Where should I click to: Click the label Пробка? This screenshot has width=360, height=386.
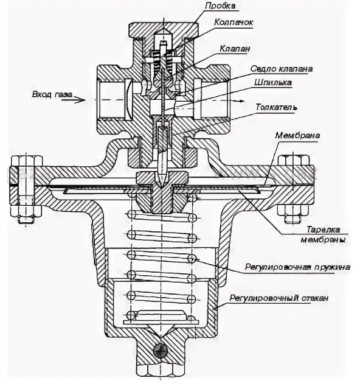[x=220, y=6]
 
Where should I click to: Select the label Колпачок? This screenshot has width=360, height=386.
[x=233, y=23]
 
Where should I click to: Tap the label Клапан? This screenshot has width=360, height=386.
[x=235, y=49]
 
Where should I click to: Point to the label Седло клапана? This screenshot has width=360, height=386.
[x=282, y=69]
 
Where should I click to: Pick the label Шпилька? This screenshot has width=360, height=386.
[x=273, y=83]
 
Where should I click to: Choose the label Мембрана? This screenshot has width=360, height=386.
[x=297, y=136]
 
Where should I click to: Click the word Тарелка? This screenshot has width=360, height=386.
[x=323, y=230]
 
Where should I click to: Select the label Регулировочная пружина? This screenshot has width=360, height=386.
[x=297, y=267]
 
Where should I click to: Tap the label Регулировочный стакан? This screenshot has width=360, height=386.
[x=279, y=298]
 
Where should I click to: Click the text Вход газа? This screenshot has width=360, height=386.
[x=52, y=94]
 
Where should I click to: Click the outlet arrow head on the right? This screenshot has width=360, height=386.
[x=241, y=101]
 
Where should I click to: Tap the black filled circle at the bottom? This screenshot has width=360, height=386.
[x=160, y=350]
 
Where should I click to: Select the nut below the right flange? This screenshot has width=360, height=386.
[x=293, y=212]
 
